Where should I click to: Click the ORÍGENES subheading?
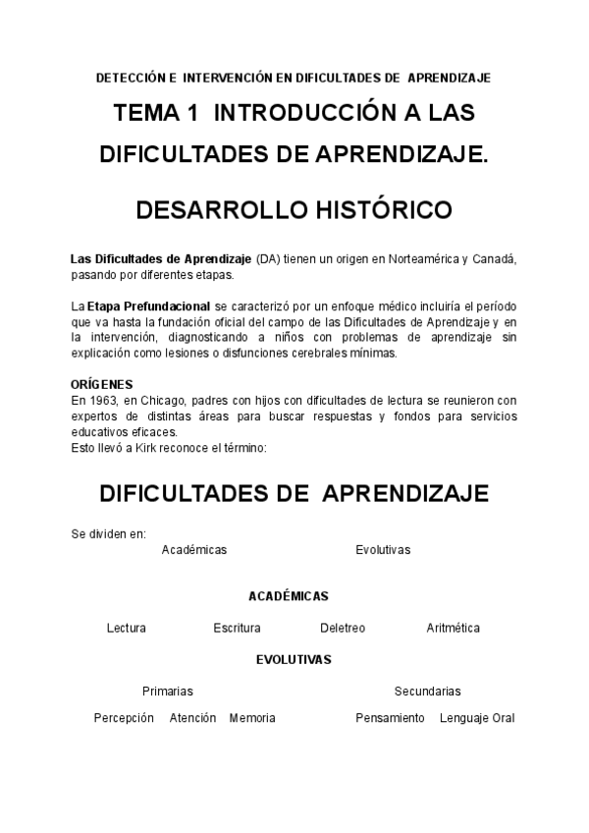(x=102, y=384)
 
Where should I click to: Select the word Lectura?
(x=126, y=628)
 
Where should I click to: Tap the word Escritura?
(x=237, y=628)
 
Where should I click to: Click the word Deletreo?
(x=343, y=628)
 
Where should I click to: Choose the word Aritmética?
(x=453, y=628)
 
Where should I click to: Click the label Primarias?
(x=167, y=692)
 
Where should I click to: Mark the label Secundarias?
(x=427, y=692)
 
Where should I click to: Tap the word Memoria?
(x=252, y=718)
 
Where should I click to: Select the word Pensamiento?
(x=390, y=718)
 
